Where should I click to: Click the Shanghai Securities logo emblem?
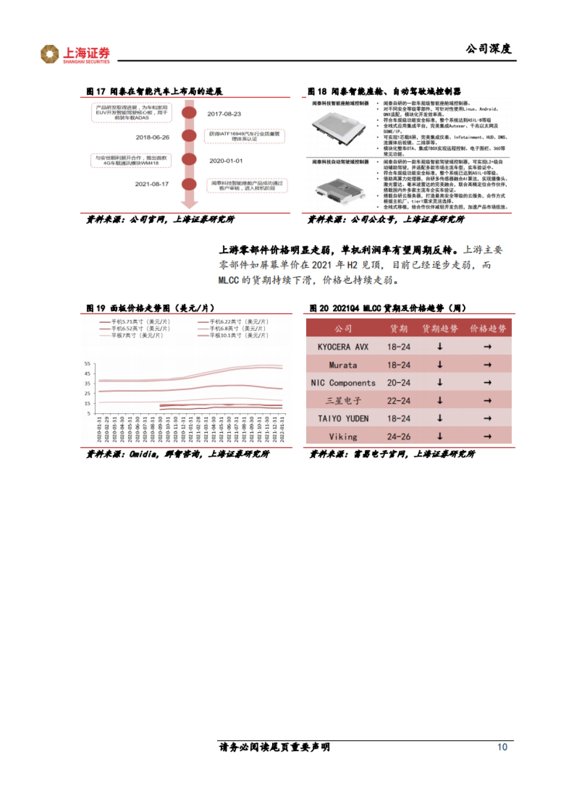tap(49, 54)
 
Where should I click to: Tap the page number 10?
tap(502, 747)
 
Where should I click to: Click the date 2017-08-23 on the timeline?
tap(224, 114)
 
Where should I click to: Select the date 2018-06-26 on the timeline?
tap(152, 137)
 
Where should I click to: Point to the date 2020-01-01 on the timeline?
tap(226, 161)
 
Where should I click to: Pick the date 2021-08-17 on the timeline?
tap(152, 184)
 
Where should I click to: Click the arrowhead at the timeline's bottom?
tap(189, 204)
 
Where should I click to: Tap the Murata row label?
tap(343, 365)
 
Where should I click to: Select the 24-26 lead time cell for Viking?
tap(398, 437)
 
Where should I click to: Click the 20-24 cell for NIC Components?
tap(398, 383)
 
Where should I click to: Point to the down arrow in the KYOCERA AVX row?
tap(440, 347)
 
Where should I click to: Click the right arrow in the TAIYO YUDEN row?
tap(487, 418)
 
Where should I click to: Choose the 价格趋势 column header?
tap(487, 329)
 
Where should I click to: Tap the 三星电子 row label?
tap(343, 401)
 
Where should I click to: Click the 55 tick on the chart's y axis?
tap(87, 364)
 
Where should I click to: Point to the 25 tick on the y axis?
tap(87, 394)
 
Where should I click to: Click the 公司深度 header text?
tap(488, 48)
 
